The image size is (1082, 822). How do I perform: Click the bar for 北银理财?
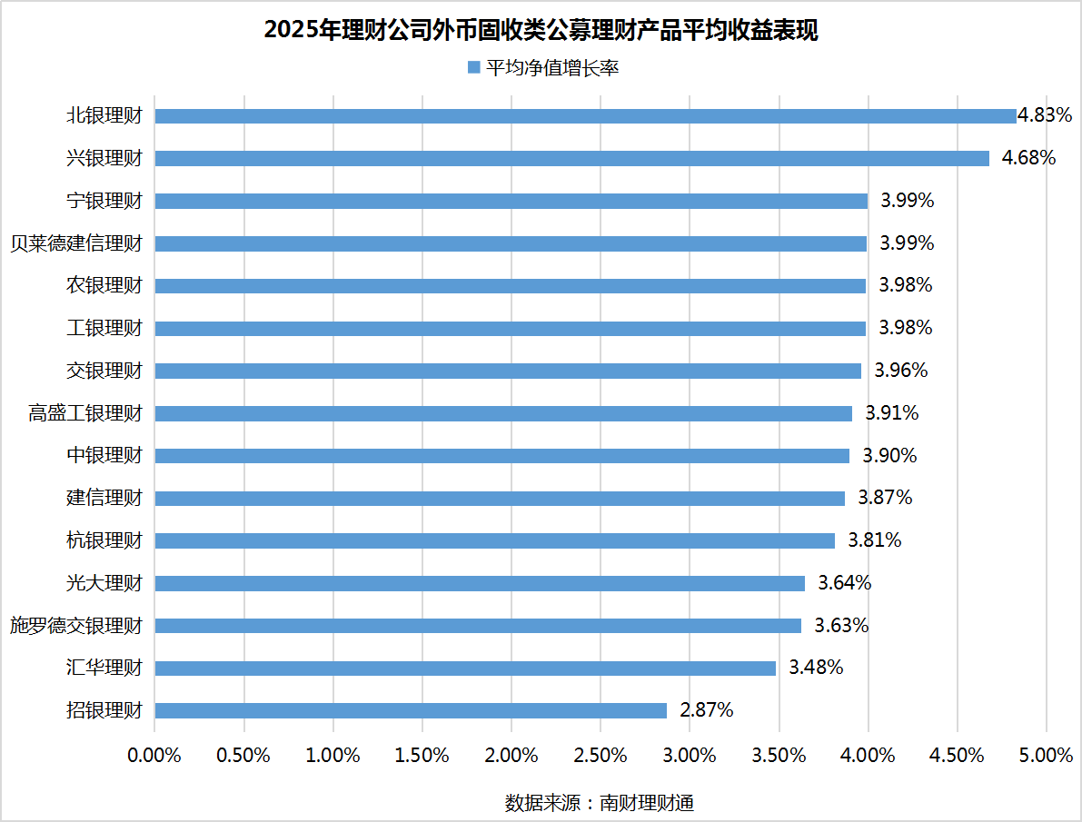coord(585,116)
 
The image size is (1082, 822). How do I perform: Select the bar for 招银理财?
coord(411,710)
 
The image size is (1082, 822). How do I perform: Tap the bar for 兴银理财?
coord(571,158)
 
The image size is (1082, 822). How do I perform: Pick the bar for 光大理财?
coord(480,583)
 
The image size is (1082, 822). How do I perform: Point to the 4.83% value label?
coord(1045,115)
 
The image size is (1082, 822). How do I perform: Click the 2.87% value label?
coord(706,710)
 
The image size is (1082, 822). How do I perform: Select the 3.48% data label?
coord(816,668)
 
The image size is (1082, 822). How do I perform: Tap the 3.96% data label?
coord(900,371)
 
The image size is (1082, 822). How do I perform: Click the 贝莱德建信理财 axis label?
coord(76,243)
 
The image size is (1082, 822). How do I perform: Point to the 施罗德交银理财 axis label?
coord(76,626)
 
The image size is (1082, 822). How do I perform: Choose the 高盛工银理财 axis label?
coord(85,413)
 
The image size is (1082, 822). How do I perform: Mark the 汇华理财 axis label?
coord(104,668)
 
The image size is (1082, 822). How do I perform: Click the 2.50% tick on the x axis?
coord(601,756)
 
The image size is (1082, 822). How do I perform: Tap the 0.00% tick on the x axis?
coord(154,756)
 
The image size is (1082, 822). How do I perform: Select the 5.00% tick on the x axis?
coord(1046,756)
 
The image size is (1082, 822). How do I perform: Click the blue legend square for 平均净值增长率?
coord(472,68)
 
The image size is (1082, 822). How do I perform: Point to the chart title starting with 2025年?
coord(541,30)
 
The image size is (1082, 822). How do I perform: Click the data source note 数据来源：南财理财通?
coord(600,803)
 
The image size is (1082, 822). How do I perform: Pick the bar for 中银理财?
coord(501,456)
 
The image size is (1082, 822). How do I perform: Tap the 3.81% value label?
coord(875,540)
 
